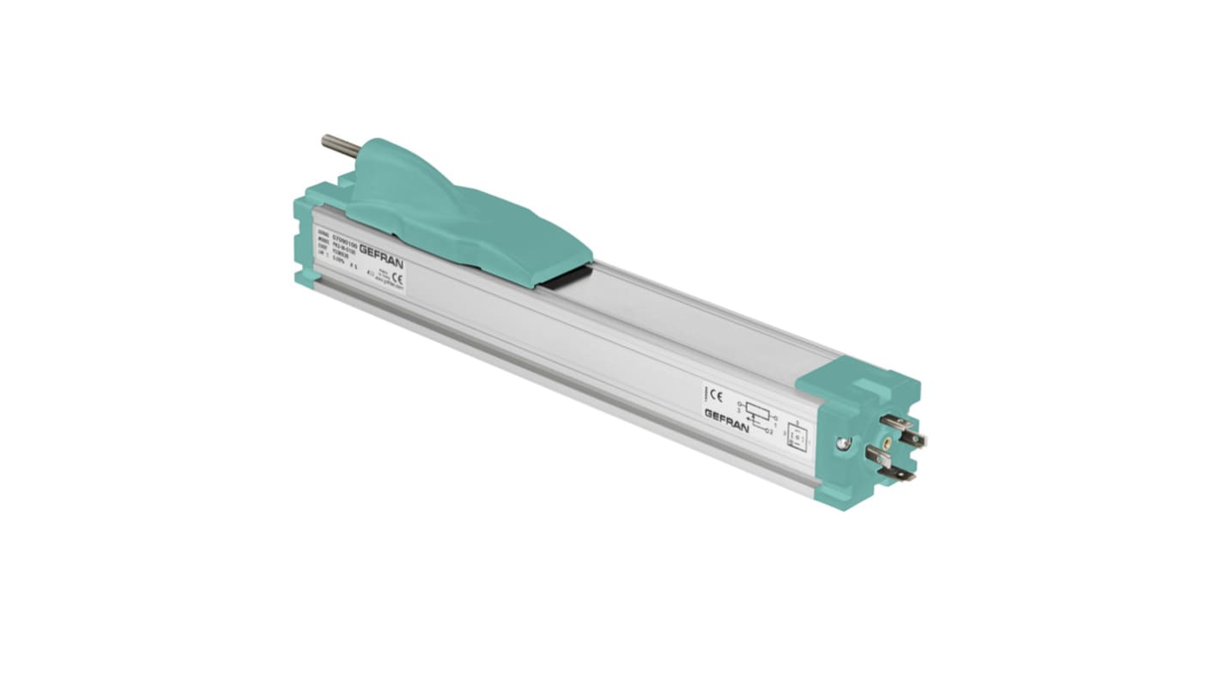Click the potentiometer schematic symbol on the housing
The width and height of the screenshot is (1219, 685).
756,409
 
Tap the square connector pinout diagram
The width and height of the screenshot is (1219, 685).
797,437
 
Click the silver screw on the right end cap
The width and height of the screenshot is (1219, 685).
845,443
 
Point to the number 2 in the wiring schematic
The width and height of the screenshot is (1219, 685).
772,432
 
